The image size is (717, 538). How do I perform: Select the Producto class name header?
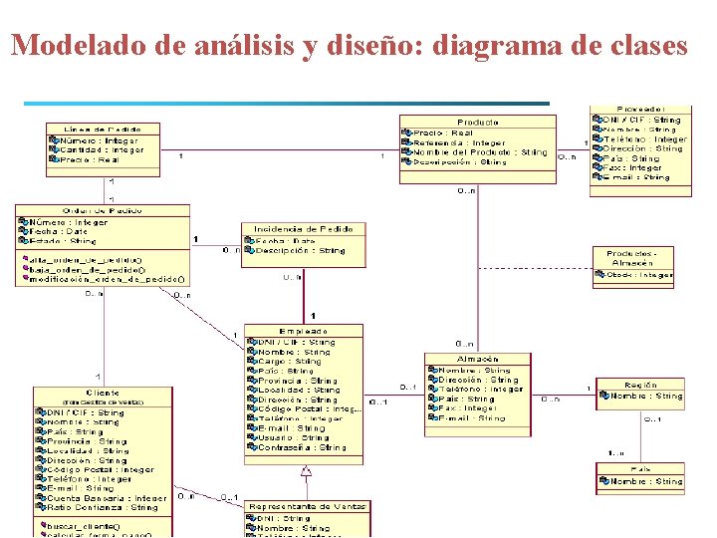pyautogui.click(x=478, y=122)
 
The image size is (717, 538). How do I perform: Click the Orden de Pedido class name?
pyautogui.click(x=102, y=210)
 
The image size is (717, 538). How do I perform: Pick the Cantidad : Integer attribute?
pyautogui.click(x=101, y=150)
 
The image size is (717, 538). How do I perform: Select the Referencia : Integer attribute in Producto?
pyautogui.click(x=459, y=142)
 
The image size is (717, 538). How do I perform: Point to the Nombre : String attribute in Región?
pyautogui.click(x=646, y=397)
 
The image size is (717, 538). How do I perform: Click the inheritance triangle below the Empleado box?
pyautogui.click(x=307, y=471)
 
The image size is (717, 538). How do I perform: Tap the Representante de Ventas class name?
pyautogui.click(x=307, y=506)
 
